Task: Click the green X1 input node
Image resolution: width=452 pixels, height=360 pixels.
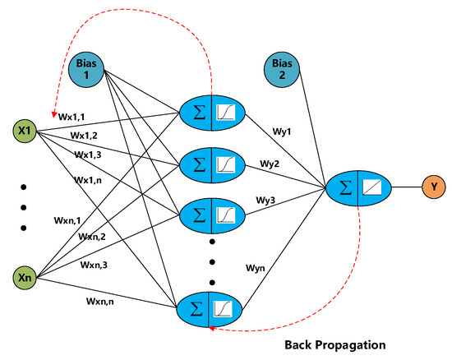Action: click(25, 131)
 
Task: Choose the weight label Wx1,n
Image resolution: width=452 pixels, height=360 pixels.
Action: click(86, 178)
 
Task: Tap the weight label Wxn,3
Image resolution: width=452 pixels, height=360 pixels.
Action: click(95, 265)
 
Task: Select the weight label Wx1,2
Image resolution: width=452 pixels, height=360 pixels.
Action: click(84, 136)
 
